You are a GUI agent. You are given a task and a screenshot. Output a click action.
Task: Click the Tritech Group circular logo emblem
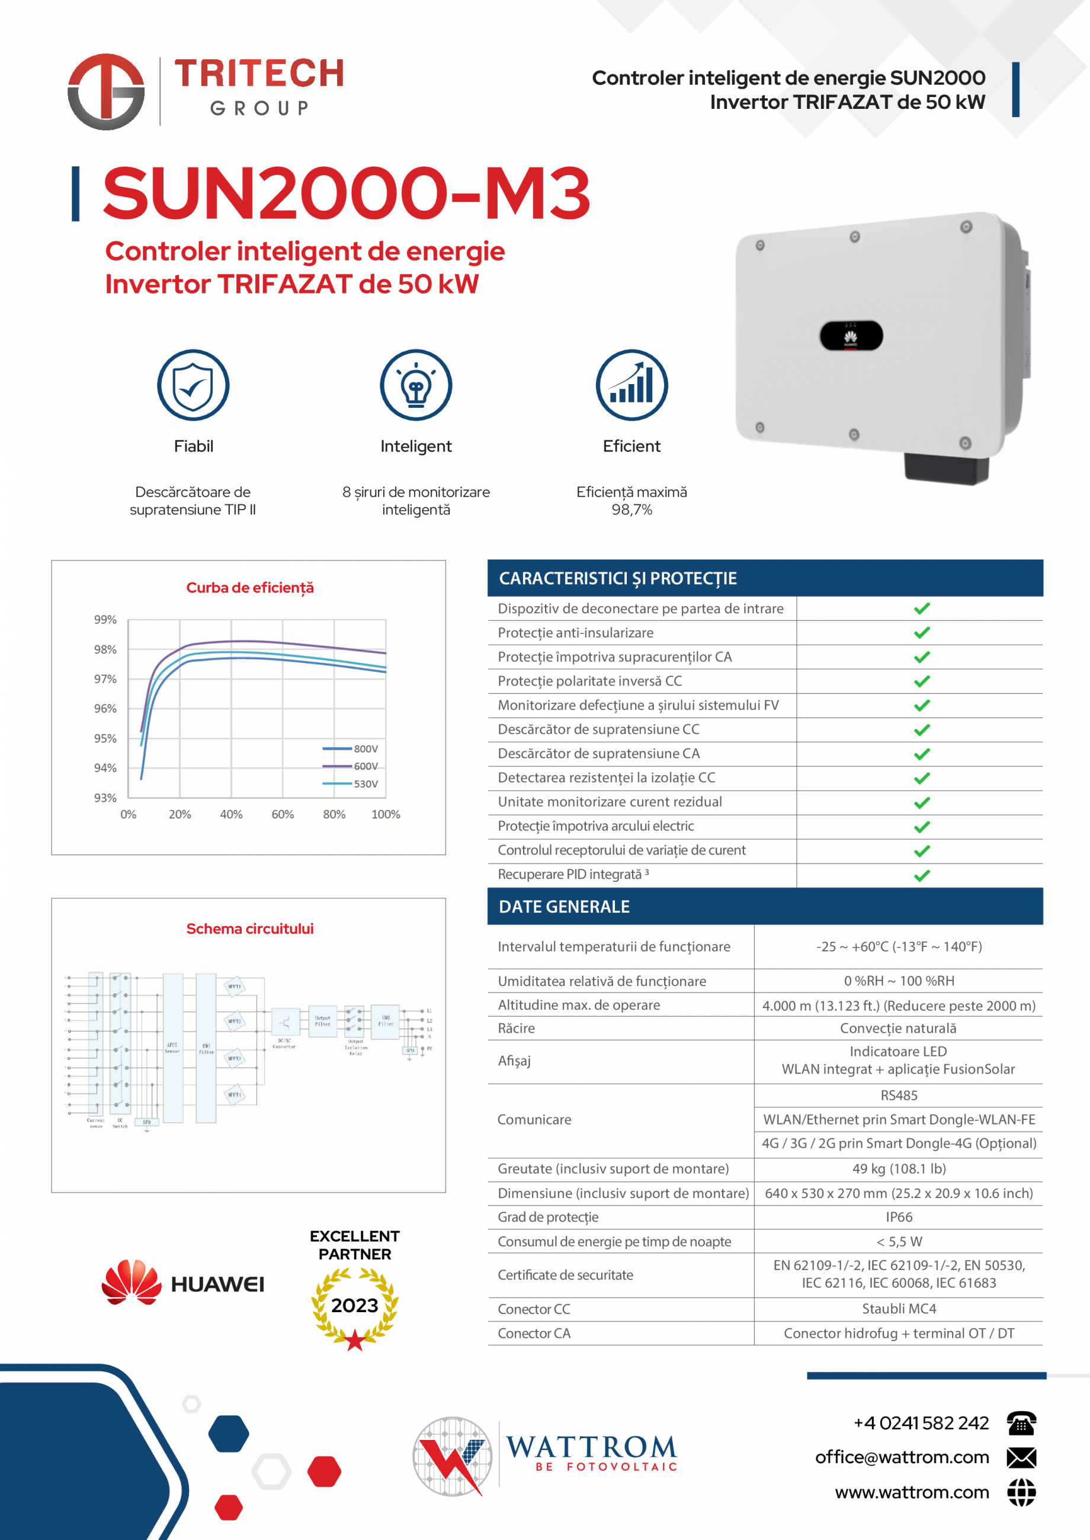[x=106, y=92]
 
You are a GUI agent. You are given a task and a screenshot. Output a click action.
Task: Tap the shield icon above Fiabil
[x=193, y=385]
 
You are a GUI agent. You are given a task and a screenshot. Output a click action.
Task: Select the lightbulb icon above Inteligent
[x=416, y=385]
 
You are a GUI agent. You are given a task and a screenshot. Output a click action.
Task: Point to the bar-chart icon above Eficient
[x=631, y=385]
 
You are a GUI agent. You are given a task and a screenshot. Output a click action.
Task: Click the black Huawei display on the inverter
[x=851, y=336]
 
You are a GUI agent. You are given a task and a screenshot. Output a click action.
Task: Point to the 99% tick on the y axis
[x=105, y=619]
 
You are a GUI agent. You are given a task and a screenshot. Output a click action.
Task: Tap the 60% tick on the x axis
[x=283, y=814]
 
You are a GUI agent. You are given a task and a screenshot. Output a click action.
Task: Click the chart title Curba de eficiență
[x=249, y=588]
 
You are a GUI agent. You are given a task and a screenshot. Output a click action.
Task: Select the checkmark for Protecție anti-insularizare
[x=922, y=633]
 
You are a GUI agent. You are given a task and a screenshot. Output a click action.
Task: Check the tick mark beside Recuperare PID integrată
[x=922, y=875]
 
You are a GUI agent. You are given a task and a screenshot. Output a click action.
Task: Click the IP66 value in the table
[x=899, y=1217]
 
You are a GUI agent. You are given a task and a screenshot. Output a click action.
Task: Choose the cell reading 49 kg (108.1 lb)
[x=899, y=1168]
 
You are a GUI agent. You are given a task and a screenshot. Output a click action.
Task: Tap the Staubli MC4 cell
[x=899, y=1309]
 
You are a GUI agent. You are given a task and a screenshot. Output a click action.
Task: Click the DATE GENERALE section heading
[x=565, y=907]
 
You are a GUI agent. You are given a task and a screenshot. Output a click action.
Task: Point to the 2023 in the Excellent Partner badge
[x=354, y=1305]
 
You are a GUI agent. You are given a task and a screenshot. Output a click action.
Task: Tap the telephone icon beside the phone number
[x=1021, y=1423]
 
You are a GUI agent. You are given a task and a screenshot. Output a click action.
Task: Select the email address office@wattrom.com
[x=902, y=1457]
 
